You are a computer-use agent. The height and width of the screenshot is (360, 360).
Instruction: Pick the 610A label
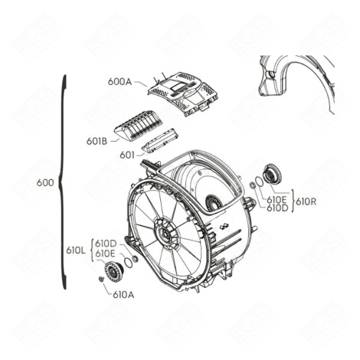click(123, 293)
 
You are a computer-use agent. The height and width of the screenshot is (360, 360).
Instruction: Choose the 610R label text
click(306, 201)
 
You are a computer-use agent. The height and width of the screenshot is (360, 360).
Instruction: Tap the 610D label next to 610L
click(105, 243)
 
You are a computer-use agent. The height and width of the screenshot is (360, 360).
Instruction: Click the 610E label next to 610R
click(277, 197)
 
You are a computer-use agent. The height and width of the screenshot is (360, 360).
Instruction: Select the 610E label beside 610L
click(105, 254)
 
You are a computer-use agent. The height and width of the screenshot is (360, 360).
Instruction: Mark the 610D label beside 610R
click(277, 207)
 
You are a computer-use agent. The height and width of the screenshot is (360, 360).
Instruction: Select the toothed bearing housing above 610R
click(270, 174)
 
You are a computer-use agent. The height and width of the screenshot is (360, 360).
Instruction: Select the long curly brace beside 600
click(64, 184)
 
